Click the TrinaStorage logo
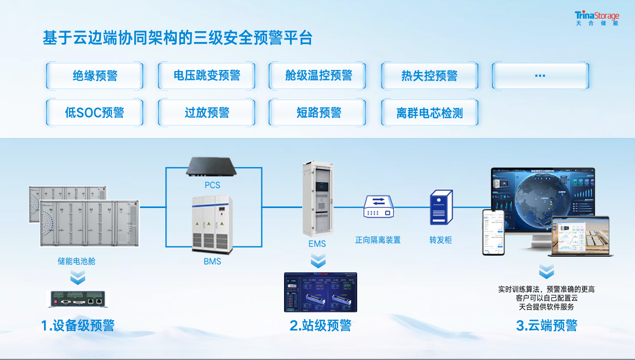click(597, 18)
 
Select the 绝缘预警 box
click(95, 76)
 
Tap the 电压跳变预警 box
click(207, 76)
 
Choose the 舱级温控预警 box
click(318, 76)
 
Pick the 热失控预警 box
click(429, 76)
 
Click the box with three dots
click(540, 76)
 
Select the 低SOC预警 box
click(95, 113)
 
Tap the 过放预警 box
click(207, 113)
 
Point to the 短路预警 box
click(318, 113)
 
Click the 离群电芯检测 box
click(429, 113)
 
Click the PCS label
click(212, 185)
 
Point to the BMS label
click(212, 261)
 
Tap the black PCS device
click(211, 167)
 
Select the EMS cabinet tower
click(317, 197)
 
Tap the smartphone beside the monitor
click(493, 232)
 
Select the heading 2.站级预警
click(320, 325)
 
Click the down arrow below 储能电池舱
click(77, 278)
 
